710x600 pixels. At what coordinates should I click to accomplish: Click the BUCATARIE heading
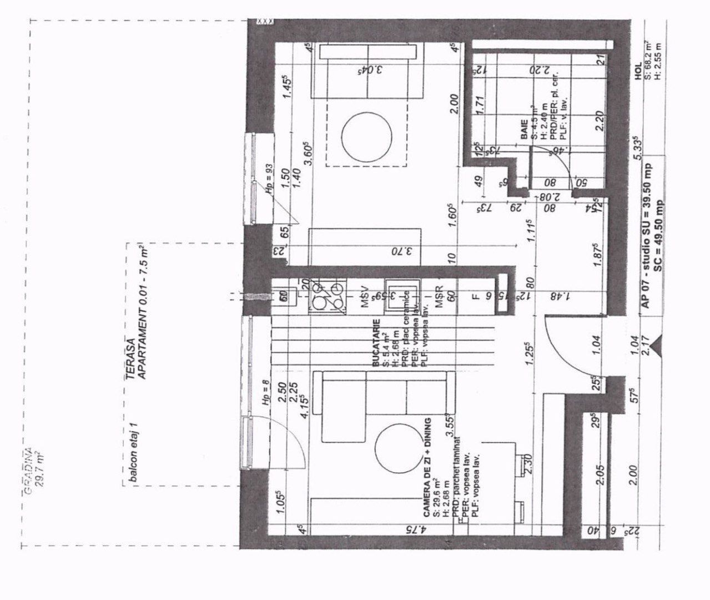[376, 342]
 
